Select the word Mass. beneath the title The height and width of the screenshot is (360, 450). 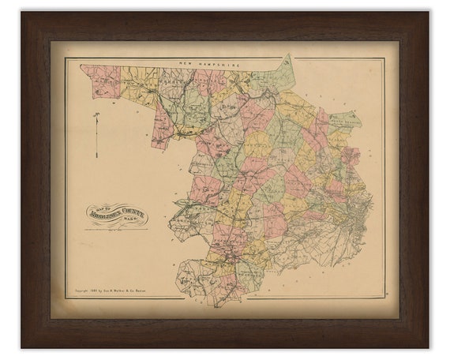pyautogui.click(x=118, y=222)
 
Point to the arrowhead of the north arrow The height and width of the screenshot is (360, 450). pyautogui.click(x=96, y=116)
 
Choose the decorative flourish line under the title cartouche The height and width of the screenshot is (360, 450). pyautogui.click(x=117, y=228)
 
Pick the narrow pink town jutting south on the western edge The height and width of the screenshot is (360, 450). pyautogui.click(x=163, y=126)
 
